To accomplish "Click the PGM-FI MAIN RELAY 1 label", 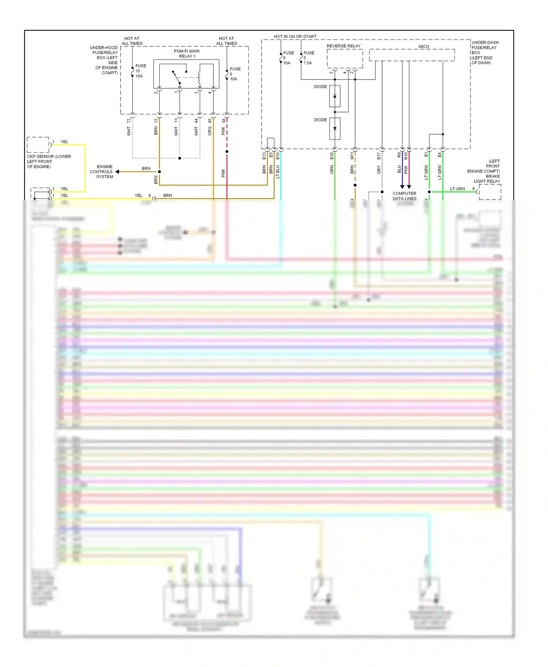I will click(187, 54).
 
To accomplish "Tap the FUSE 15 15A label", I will click(140, 71).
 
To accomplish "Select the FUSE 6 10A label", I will click(235, 74).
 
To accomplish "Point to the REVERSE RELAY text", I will click(343, 46).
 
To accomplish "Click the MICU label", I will click(423, 47).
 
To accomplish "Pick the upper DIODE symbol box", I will click(335, 96).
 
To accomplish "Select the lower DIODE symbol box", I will click(335, 128).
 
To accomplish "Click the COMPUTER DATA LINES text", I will click(404, 196).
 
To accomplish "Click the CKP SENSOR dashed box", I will click(38, 145).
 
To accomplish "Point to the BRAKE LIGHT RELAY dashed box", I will click(490, 192).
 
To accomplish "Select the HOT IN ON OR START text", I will click(295, 36).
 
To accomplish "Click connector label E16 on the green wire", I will click(332, 156).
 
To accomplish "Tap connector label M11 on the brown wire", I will click(352, 156).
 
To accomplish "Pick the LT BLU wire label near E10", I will click(278, 171).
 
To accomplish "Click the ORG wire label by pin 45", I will click(210, 131).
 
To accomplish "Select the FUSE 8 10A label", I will click(288, 58).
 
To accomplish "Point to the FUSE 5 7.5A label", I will click(308, 58).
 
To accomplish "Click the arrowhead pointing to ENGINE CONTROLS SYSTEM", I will click(117, 171).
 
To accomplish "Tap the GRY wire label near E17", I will click(379, 170).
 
